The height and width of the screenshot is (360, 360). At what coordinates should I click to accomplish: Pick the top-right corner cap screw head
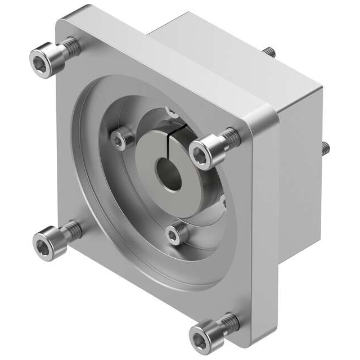(204, 151)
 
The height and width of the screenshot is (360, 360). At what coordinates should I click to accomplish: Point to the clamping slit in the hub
(178, 145)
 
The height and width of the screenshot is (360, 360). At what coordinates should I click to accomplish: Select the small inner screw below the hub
(175, 232)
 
